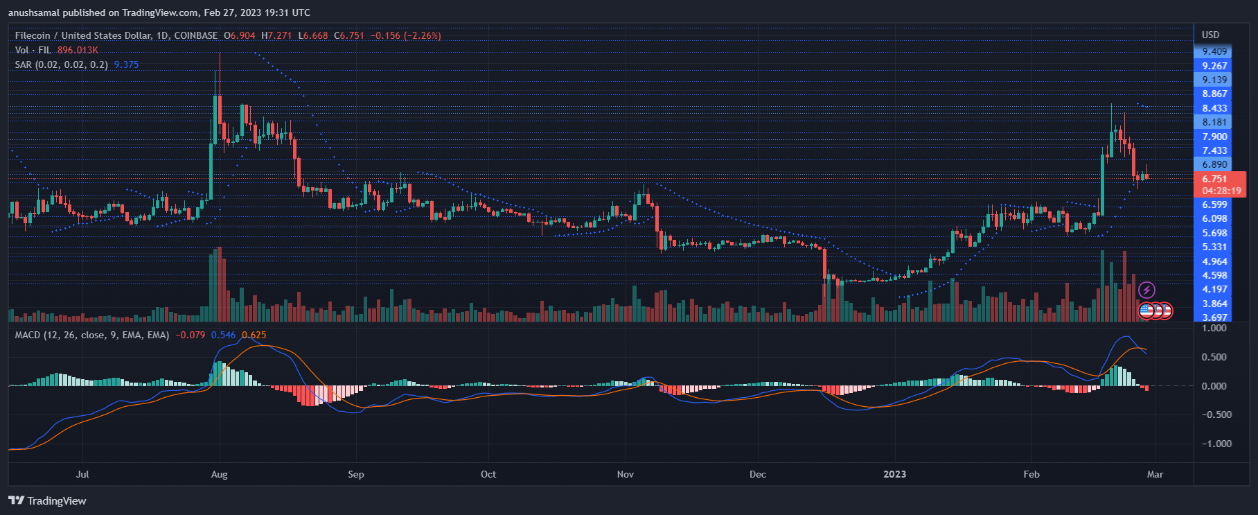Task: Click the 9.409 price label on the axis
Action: click(x=1214, y=51)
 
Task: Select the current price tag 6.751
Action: click(x=1214, y=179)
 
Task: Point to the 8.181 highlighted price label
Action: click(x=1214, y=122)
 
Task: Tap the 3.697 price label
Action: click(x=1214, y=317)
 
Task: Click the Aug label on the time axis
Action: click(x=219, y=474)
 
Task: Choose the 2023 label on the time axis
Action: click(x=894, y=474)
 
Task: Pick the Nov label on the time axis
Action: click(x=625, y=474)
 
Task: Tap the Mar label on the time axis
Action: click(x=1155, y=474)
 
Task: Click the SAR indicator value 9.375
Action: click(x=126, y=64)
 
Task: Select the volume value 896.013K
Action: click(x=78, y=50)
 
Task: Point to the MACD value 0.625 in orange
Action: click(x=254, y=335)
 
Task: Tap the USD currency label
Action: click(x=1210, y=35)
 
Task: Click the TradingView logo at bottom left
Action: click(x=47, y=500)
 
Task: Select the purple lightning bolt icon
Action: click(x=1146, y=290)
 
